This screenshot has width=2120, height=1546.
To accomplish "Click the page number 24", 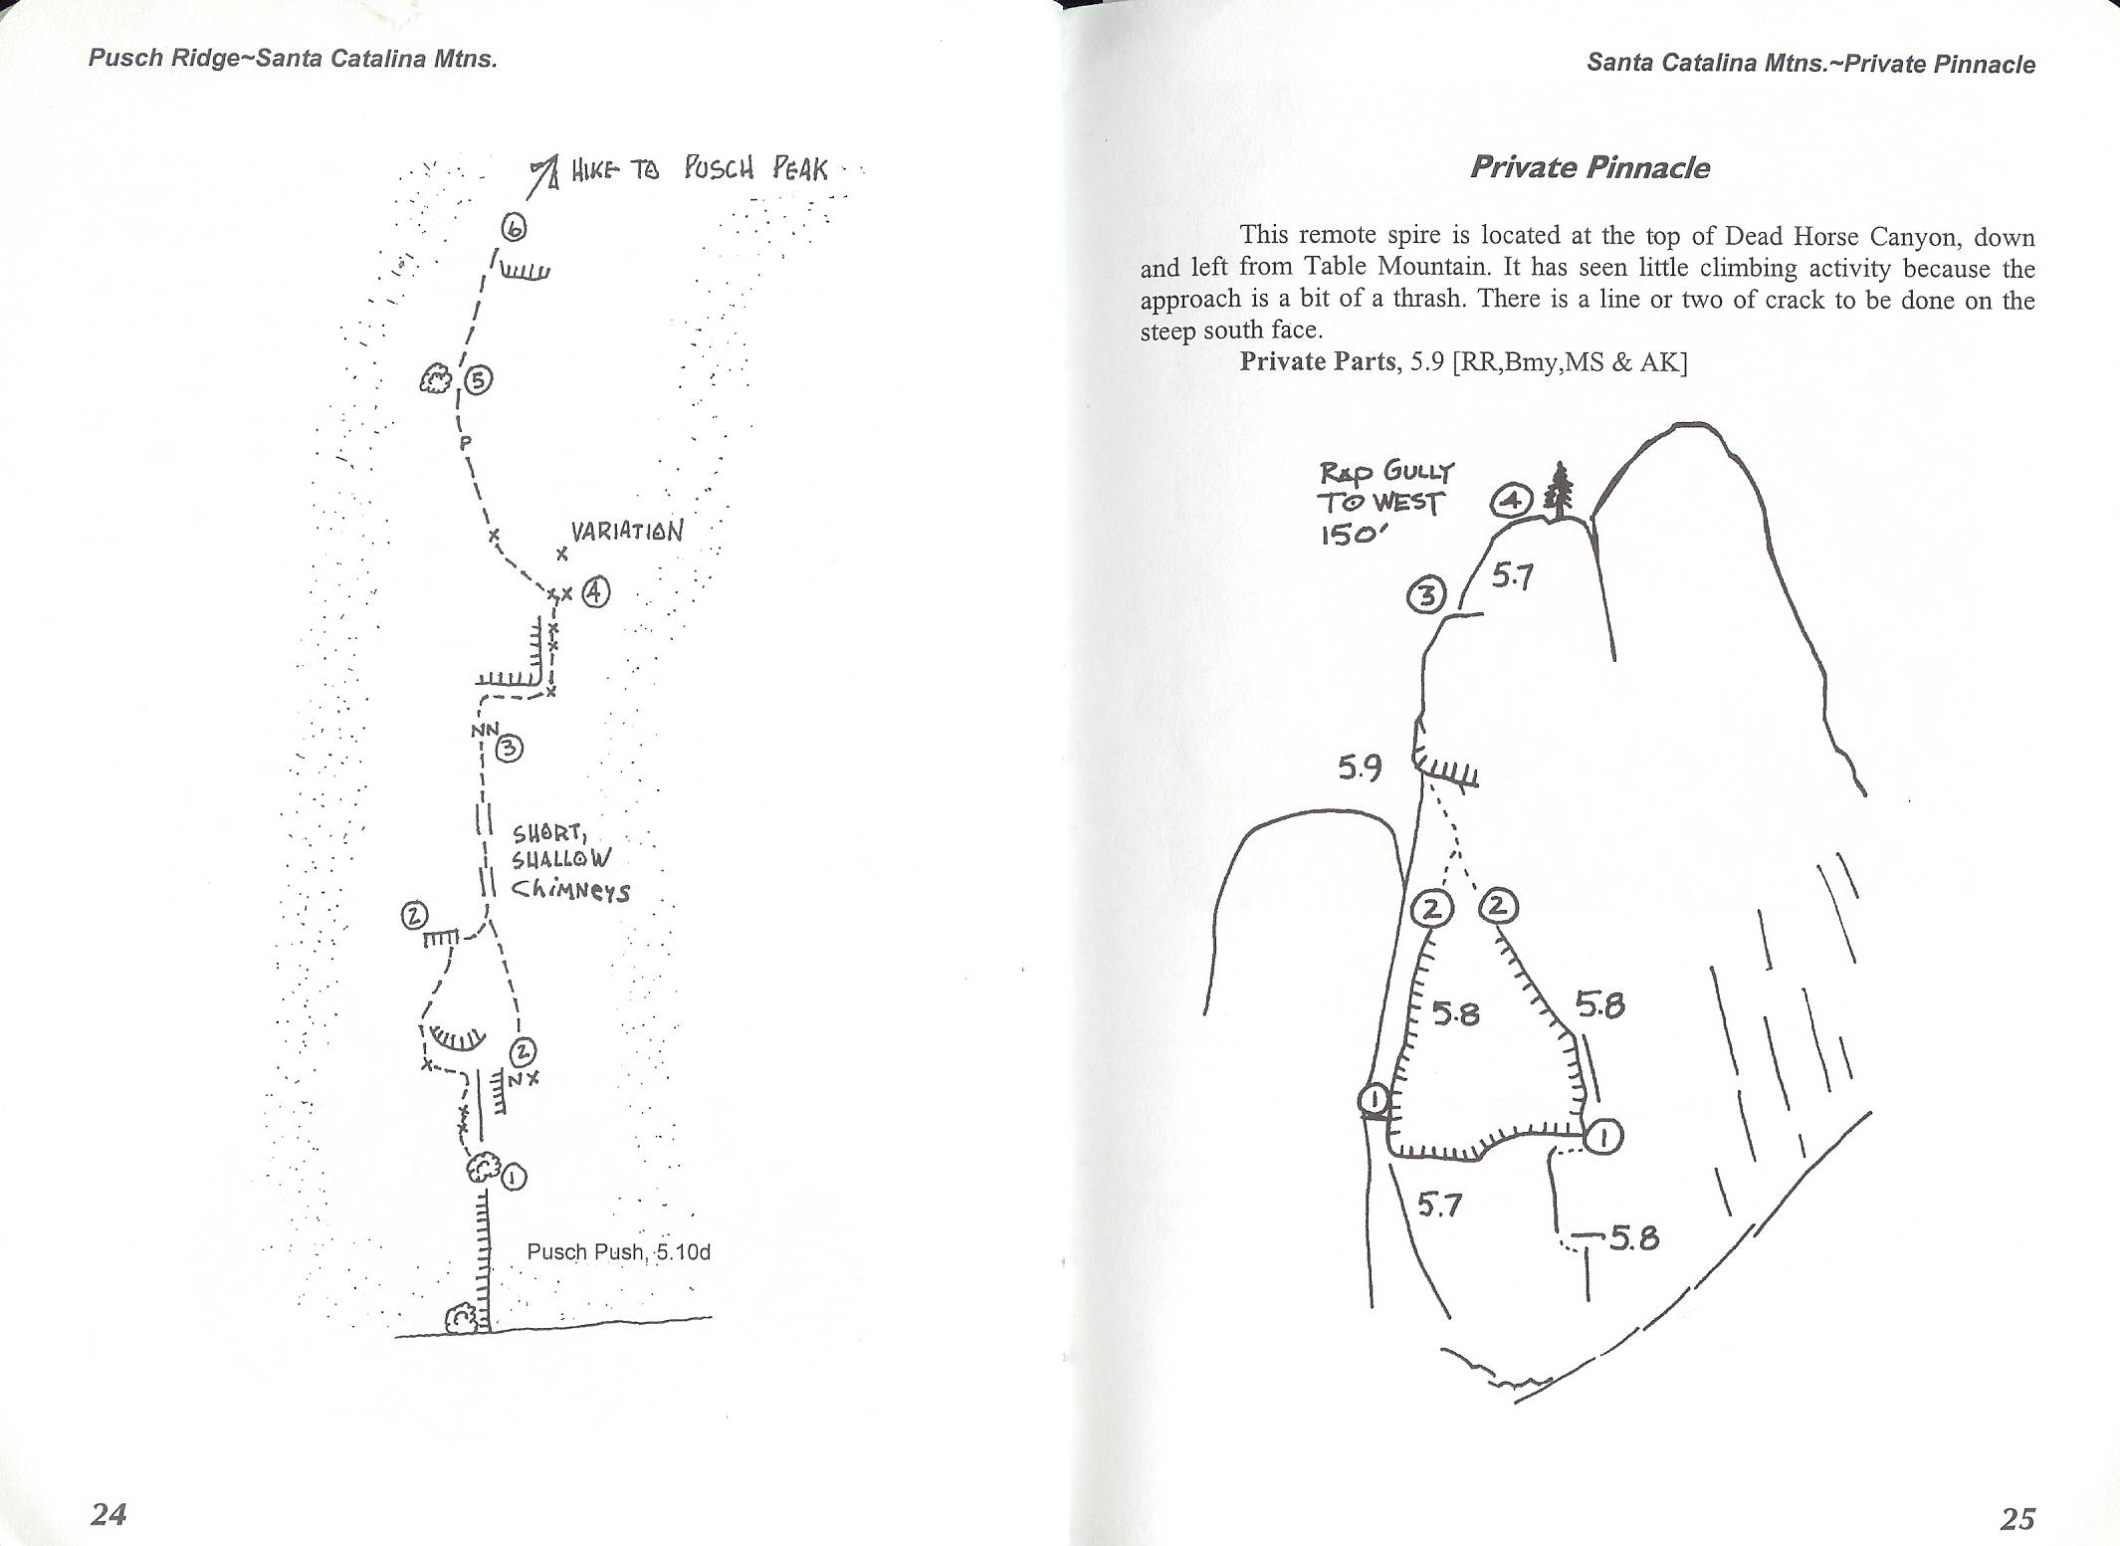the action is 108,1513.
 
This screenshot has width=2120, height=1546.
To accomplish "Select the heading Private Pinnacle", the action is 1590,167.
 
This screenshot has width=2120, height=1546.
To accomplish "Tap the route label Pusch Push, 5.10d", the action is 619,1251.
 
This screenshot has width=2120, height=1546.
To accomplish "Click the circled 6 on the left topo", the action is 514,228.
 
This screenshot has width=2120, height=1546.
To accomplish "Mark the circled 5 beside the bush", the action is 478,380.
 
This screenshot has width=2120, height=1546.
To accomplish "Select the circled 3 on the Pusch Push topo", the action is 509,749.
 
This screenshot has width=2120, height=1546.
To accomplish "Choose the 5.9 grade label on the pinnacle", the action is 1360,768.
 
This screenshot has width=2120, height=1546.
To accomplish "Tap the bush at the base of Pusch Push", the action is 462,1318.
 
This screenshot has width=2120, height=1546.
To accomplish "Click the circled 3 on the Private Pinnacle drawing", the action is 1425,596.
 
